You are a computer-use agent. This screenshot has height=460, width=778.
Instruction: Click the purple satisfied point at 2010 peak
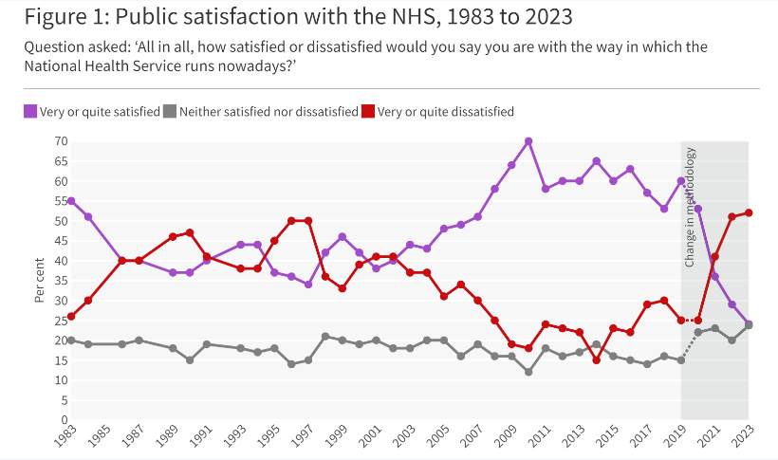[x=528, y=141]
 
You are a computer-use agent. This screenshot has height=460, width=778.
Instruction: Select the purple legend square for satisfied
[x=30, y=112]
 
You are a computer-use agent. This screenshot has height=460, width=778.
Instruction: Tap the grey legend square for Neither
[x=169, y=112]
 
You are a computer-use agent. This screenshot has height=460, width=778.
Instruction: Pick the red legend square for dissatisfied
[x=367, y=112]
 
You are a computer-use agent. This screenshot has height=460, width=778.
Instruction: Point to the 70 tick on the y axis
[x=60, y=141]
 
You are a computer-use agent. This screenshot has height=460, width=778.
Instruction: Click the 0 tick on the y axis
[x=64, y=419]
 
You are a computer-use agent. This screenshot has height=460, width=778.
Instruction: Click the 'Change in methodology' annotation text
[x=690, y=207]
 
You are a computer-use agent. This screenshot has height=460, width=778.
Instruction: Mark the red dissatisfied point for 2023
[x=749, y=212]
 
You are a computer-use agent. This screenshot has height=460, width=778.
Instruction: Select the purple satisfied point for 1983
[x=71, y=201]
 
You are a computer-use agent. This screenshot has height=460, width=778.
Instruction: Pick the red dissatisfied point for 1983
[x=71, y=316]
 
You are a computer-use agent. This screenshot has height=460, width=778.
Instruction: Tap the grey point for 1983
[x=71, y=340]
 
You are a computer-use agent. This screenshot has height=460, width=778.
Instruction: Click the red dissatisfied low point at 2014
[x=596, y=359]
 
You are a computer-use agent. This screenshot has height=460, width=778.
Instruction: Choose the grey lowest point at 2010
[x=528, y=372]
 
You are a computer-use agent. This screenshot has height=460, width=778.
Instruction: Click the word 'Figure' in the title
[x=52, y=17]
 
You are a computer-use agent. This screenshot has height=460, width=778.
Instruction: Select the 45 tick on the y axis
[x=60, y=241]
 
